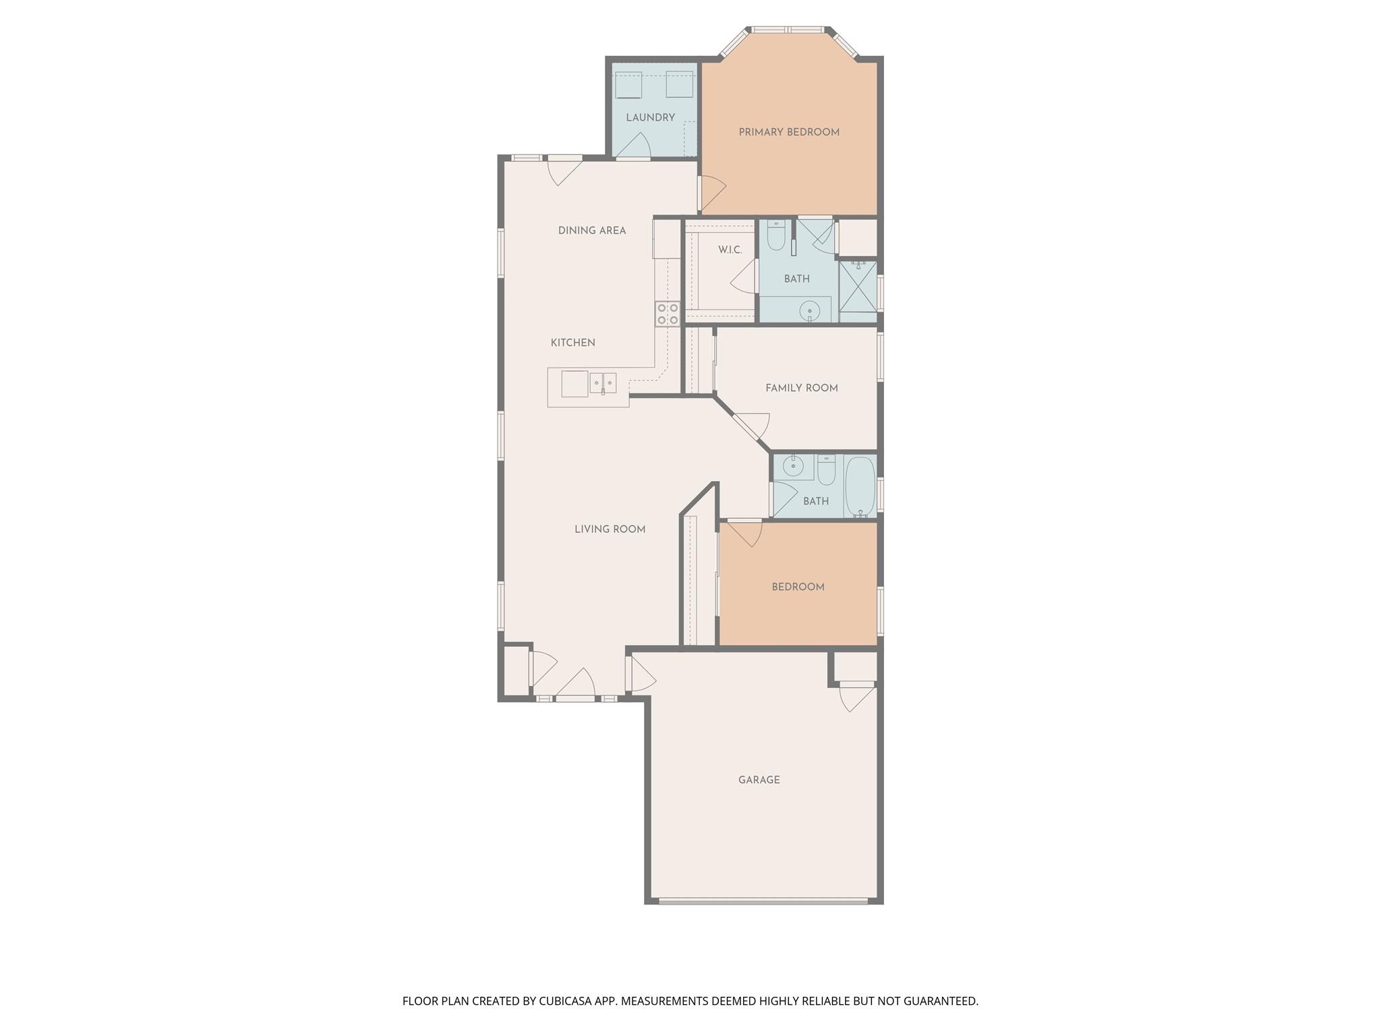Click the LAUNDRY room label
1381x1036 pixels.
coord(650,117)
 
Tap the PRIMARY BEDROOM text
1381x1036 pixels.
coord(789,132)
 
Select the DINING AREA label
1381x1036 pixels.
coord(591,231)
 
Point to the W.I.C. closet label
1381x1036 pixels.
coord(730,250)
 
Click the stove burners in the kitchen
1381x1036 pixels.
coord(668,314)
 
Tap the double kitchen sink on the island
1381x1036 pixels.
coord(603,383)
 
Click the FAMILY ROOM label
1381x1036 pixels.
coord(801,388)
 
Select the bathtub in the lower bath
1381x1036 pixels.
coord(860,486)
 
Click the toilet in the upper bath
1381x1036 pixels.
coord(776,235)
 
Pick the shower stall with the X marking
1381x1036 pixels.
coord(858,287)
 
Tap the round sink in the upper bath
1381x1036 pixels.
coord(809,311)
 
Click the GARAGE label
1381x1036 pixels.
coord(759,780)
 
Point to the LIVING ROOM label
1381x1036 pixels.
coord(610,529)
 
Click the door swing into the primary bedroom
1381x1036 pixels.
coord(712,192)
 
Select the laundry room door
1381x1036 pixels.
coord(634,146)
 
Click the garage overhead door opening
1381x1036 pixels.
coord(763,900)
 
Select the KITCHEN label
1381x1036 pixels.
coord(572,343)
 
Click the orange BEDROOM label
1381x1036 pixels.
coord(798,587)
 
